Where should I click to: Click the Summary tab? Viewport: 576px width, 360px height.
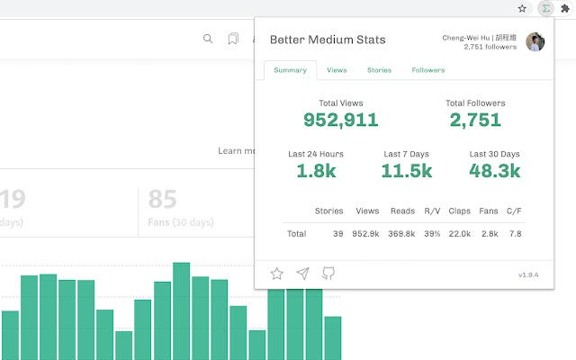(290, 70)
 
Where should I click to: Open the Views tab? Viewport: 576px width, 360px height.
(337, 70)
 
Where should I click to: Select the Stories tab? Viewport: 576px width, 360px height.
(379, 70)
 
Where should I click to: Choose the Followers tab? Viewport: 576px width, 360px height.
(427, 70)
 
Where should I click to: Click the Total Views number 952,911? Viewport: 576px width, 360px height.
(340, 120)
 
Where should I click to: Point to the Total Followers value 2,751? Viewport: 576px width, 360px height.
(474, 120)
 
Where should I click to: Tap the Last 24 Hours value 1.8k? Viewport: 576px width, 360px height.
(315, 171)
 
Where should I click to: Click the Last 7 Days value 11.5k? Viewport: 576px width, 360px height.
(406, 171)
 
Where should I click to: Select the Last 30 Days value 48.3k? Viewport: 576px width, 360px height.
(494, 171)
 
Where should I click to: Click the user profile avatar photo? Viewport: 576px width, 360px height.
(535, 42)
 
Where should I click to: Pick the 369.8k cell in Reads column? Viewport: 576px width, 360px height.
(401, 234)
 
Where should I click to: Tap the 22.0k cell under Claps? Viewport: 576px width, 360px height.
(459, 234)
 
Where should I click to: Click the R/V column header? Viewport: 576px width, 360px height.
(432, 211)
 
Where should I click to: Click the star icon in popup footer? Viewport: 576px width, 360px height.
(277, 274)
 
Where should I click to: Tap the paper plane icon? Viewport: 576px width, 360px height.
(302, 274)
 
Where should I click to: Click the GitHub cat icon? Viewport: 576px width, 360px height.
(328, 274)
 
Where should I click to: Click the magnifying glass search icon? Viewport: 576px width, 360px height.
(208, 39)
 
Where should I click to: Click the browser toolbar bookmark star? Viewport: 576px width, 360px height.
(522, 8)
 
